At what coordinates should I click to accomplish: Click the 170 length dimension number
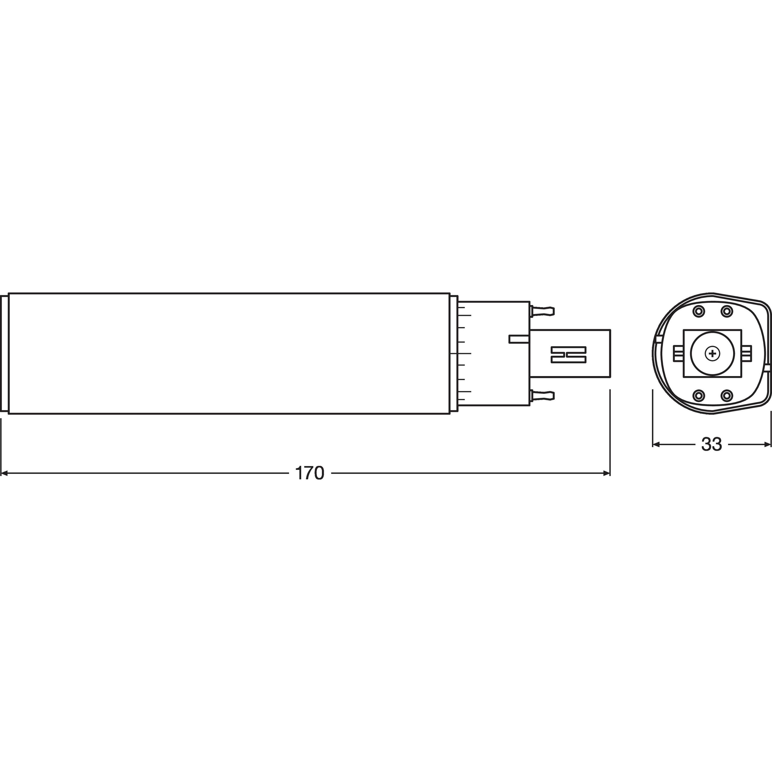click(309, 473)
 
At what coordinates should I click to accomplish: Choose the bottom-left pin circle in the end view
click(699, 396)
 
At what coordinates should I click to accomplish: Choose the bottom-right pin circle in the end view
click(726, 396)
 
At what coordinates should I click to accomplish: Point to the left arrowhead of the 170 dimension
click(4, 473)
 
